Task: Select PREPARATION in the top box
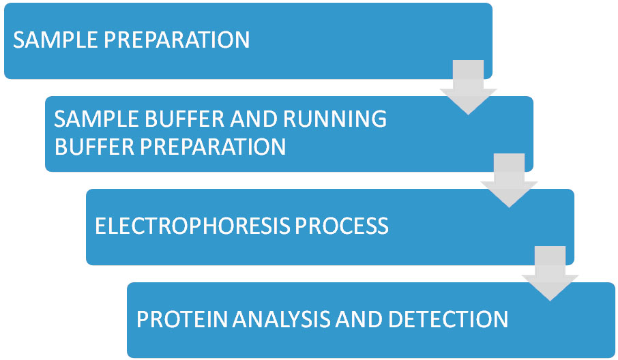pyautogui.click(x=177, y=40)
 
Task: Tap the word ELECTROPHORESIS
pyautogui.click(x=193, y=226)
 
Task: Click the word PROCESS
pyautogui.click(x=342, y=226)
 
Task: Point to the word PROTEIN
pyautogui.click(x=182, y=319)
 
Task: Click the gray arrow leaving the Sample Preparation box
pyautogui.click(x=468, y=87)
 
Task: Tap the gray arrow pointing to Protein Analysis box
pyautogui.click(x=550, y=273)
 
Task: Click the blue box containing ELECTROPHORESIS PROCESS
pyautogui.click(x=330, y=227)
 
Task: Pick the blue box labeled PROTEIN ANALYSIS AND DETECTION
pyautogui.click(x=371, y=320)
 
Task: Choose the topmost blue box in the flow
pyautogui.click(x=248, y=41)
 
